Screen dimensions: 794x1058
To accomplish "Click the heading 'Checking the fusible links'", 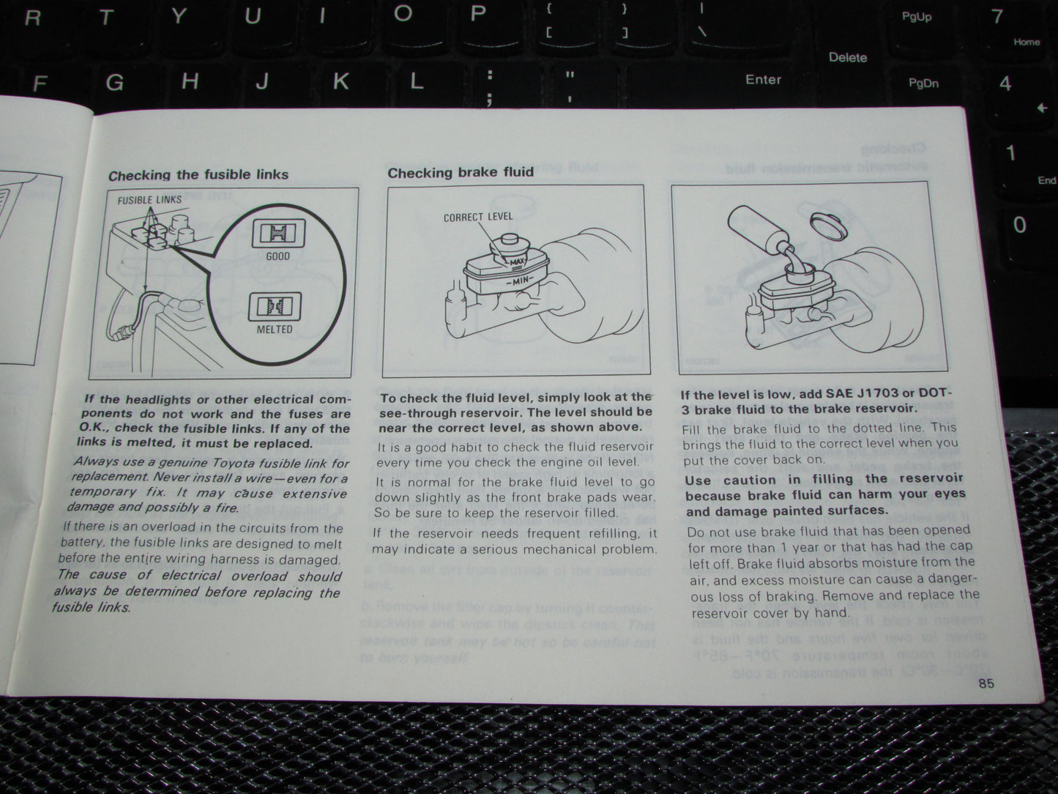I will pos(198,175).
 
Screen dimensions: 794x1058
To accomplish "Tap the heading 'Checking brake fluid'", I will pos(460,173).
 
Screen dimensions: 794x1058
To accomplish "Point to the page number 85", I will pos(986,683).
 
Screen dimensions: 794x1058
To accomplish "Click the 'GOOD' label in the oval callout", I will pos(278,256).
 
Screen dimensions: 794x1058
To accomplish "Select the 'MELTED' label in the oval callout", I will pos(275,330).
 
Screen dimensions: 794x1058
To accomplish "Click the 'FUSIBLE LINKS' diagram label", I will pos(149,200).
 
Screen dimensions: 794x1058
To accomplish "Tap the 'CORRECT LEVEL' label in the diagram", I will pos(478,217).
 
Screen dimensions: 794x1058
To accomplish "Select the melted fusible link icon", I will pos(275,306).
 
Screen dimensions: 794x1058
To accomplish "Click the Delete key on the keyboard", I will pos(847,57).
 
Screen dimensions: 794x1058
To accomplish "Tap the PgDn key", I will pos(923,83).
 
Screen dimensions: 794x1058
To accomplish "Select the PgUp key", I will pos(916,17).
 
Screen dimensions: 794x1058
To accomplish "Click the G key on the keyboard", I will pos(114,82).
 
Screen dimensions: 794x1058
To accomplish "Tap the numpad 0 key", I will pos(1019,225).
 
